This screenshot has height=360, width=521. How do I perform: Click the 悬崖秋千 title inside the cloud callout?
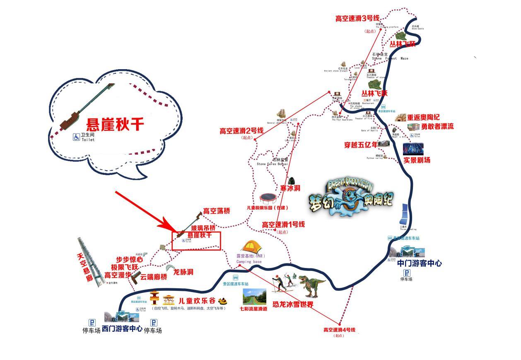115,124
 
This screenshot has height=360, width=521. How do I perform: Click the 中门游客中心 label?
419,263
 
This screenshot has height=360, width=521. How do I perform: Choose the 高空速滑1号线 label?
283,225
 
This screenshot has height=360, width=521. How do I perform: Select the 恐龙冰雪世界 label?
293,304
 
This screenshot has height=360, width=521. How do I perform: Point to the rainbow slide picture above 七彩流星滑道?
254,297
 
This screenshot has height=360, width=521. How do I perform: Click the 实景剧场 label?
417,160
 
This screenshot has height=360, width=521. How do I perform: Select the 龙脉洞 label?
183,272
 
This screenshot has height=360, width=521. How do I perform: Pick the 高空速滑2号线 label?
241,131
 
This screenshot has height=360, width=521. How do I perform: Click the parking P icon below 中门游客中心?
407,273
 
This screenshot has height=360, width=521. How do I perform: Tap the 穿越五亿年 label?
361,145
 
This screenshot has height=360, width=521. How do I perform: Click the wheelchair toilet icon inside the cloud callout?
76,137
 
